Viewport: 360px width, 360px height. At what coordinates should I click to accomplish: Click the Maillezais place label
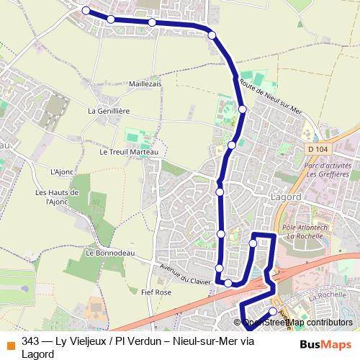[x=145, y=84]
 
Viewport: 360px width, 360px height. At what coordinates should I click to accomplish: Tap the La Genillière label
[x=109, y=111]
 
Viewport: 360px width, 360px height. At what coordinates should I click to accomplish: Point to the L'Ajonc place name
[x=63, y=172]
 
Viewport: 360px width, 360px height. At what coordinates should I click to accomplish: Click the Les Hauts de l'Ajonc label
[x=56, y=197]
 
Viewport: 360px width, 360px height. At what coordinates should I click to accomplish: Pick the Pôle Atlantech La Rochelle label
[x=306, y=230]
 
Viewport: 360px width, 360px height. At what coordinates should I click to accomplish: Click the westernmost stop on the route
[x=86, y=10]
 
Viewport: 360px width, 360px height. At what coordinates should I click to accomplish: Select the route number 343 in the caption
[x=30, y=341]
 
